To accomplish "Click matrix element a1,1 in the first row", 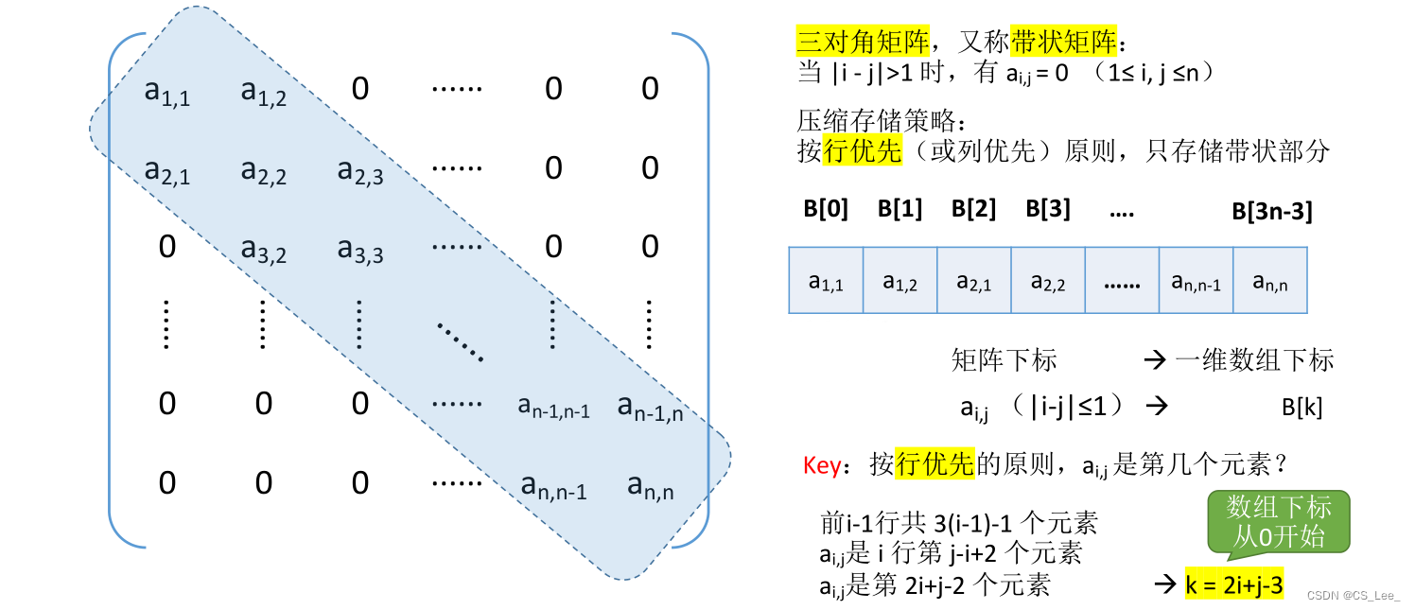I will pyautogui.click(x=167, y=91).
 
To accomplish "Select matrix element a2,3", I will pyautogui.click(x=360, y=171).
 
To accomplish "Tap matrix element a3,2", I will pyautogui.click(x=264, y=250).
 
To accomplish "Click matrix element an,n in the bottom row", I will pyautogui.click(x=650, y=487).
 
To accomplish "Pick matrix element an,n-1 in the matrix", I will pyautogui.click(x=553, y=487).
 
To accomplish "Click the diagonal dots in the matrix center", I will pyautogui.click(x=461, y=340).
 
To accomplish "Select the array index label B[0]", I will pyautogui.click(x=825, y=209).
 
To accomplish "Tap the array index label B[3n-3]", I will pyautogui.click(x=1271, y=211).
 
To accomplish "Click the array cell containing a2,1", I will pyautogui.click(x=973, y=281).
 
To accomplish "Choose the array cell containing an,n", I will pyautogui.click(x=1270, y=281).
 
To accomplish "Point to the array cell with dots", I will pyautogui.click(x=1122, y=281).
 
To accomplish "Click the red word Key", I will pyautogui.click(x=821, y=464).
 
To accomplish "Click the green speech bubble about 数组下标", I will pyautogui.click(x=1278, y=521).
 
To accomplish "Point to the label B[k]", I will pyautogui.click(x=1301, y=408).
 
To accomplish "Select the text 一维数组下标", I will pyautogui.click(x=1254, y=360).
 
